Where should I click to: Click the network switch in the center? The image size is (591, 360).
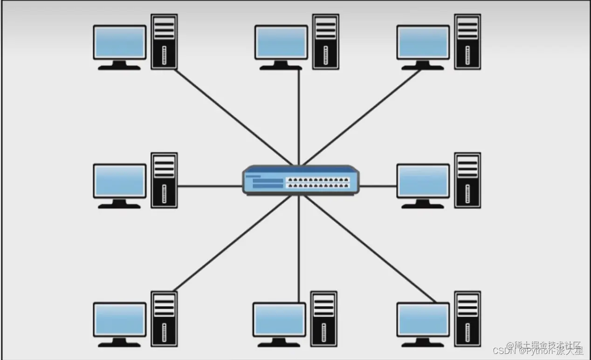tap(301, 180)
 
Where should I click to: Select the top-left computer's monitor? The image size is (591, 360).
tap(120, 42)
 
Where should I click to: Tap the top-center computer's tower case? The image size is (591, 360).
tap(325, 42)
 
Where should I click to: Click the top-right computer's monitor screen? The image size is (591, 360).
tap(423, 42)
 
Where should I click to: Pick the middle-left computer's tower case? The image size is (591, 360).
tap(164, 180)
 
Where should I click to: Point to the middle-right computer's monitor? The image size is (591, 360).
tap(423, 181)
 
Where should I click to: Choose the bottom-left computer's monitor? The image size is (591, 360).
tap(120, 319)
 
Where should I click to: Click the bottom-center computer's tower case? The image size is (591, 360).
tap(324, 319)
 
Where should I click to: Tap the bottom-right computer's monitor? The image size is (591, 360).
tap(423, 319)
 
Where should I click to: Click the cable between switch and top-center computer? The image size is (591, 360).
tap(299, 117)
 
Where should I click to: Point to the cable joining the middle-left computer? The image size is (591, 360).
tap(210, 186)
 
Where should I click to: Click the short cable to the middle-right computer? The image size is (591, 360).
tap(378, 186)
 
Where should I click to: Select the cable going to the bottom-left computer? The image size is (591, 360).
tap(233, 242)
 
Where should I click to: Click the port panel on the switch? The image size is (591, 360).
tap(318, 182)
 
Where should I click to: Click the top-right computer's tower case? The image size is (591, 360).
tap(467, 42)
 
